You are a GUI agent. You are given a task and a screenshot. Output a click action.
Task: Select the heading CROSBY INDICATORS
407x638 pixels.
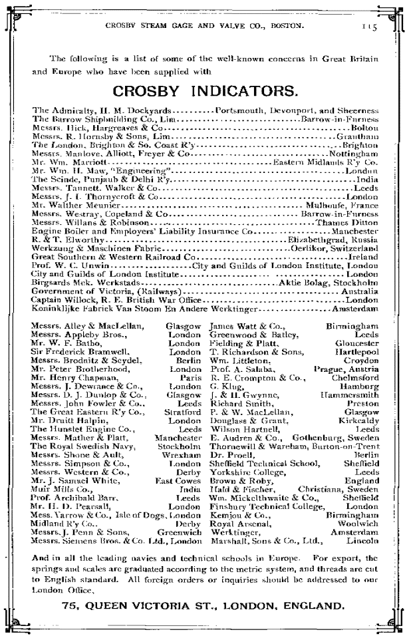[x=204, y=90]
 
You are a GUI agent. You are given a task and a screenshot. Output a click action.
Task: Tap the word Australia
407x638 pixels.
[x=360, y=292]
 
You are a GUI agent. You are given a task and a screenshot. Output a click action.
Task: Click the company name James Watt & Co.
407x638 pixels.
[x=237, y=325]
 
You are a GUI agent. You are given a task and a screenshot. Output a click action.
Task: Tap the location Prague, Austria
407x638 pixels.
[x=346, y=368]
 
